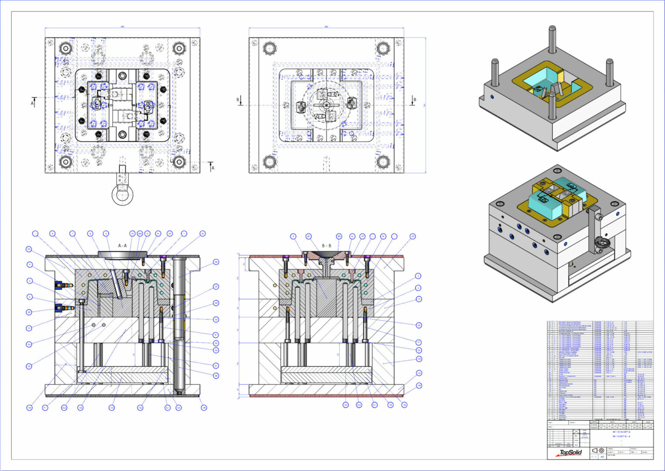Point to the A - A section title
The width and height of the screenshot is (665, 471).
(122, 246)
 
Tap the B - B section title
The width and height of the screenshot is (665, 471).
(326, 246)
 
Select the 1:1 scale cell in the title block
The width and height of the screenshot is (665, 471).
(594, 457)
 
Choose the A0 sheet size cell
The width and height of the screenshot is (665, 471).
(602, 457)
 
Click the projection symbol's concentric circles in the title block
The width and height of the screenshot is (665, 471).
(601, 451)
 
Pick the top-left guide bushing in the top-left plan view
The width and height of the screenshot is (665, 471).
(66, 48)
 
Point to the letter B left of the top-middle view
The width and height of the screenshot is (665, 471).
(238, 100)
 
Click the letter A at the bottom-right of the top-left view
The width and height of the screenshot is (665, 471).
(213, 167)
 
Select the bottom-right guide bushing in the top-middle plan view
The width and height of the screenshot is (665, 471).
(383, 162)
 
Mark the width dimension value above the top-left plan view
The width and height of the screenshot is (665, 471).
(122, 27)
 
